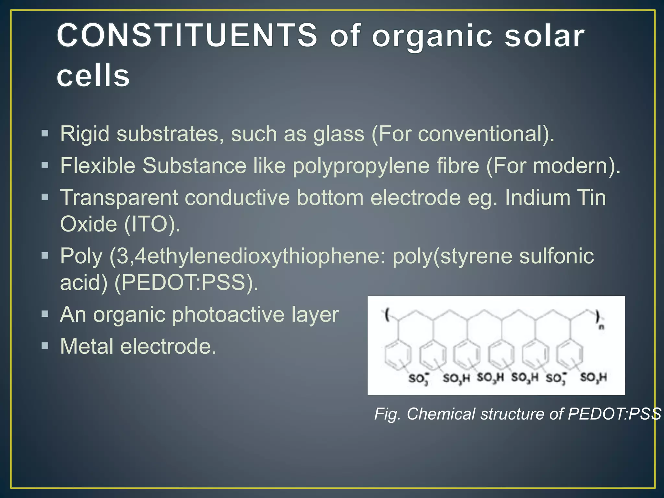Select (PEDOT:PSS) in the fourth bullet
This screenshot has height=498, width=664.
tap(186, 282)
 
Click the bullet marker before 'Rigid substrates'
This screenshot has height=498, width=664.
tap(45, 133)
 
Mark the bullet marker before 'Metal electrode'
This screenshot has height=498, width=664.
tap(45, 346)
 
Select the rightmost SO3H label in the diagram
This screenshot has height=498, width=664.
tap(593, 377)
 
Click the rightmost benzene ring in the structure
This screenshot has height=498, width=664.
tap(570, 355)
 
